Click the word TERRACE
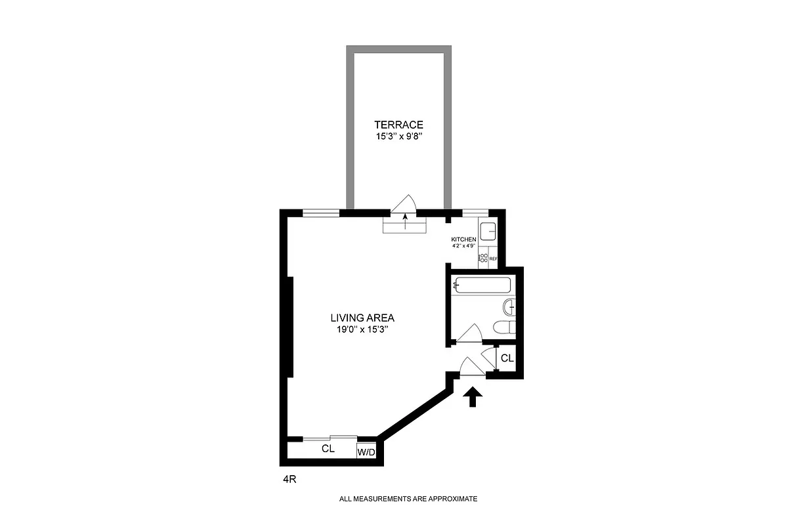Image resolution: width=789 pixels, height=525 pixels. click(x=398, y=125)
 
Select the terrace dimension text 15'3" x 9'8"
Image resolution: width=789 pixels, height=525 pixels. click(x=398, y=138)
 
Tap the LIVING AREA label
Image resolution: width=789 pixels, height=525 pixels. click(x=362, y=318)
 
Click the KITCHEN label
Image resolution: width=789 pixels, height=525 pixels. click(x=463, y=240)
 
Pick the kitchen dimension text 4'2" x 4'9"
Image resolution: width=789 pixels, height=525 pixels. click(x=463, y=246)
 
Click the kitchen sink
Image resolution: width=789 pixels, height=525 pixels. click(x=488, y=232)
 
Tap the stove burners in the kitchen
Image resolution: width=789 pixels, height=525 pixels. click(x=483, y=258)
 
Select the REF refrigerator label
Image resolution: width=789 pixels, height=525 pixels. click(x=493, y=259)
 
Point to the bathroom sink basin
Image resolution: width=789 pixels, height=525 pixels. click(x=509, y=307)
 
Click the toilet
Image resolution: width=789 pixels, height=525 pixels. click(x=504, y=328)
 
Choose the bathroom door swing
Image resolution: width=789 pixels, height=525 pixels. click(x=469, y=334)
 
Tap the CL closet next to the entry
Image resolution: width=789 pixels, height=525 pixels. click(x=507, y=358)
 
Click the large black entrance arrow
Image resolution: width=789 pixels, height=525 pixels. click(x=473, y=397)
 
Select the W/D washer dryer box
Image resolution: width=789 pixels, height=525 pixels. click(x=366, y=452)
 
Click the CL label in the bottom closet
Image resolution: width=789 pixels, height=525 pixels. click(x=328, y=450)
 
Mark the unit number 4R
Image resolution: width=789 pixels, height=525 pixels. click(x=289, y=480)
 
